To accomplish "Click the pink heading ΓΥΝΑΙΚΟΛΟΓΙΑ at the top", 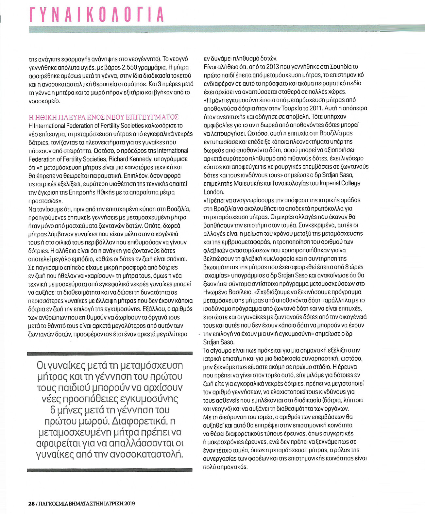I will [x=97, y=15].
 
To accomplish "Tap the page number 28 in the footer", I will [x=31, y=504].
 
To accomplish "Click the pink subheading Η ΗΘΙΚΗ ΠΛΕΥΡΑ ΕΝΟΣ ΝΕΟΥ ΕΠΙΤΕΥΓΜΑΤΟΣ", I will [x=104, y=117].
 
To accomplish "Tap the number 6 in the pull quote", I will [x=53, y=410].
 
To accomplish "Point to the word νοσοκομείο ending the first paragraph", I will [x=44, y=101].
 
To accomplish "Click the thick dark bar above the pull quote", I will [x=110, y=354].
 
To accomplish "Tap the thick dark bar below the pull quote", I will [x=110, y=470].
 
